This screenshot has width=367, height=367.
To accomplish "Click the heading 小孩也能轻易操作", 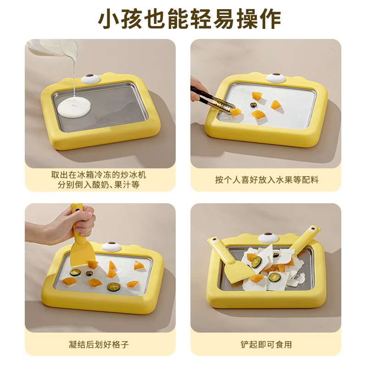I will point(183,19).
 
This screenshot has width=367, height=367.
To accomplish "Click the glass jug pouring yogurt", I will point(55,48).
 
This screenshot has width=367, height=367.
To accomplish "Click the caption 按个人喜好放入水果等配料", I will point(266,179).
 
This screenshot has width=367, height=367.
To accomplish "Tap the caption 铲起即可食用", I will point(266,345).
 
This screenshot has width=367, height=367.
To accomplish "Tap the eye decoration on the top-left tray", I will point(90,78).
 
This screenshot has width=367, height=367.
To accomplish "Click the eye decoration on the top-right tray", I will point(276,77).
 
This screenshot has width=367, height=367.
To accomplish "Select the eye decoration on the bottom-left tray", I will point(111,246).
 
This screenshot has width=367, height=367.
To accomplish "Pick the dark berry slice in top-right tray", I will point(253,105).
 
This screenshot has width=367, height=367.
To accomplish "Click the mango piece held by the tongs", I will point(236,111).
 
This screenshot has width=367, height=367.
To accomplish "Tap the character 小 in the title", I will point(111,19).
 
